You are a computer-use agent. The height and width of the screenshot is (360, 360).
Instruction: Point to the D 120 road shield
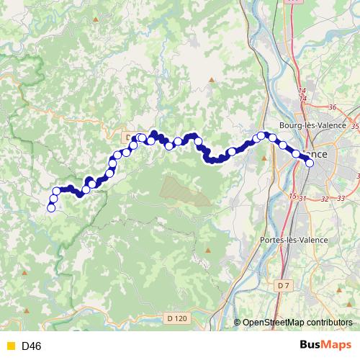tap(176, 318)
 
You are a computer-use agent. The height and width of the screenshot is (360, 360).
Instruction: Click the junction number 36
tap(332, 107)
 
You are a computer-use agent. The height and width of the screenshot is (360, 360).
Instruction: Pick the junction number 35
tap(356, 126)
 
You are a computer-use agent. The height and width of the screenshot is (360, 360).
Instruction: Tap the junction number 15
tap(292, 196)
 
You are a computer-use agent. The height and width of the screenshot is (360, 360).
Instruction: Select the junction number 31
tap(303, 198)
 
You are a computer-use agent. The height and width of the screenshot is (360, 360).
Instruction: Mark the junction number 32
tap(326, 198)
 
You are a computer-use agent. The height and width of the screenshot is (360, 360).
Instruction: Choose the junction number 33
tap(341, 198)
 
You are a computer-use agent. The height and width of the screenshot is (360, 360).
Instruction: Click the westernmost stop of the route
tap(51, 208)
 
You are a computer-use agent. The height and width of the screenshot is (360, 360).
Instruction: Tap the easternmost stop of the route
tap(310, 163)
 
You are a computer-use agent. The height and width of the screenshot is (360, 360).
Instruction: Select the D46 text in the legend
tap(32, 346)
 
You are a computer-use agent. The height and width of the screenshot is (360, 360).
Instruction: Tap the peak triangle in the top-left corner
tap(96, 17)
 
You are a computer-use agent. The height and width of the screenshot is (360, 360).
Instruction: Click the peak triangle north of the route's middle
tap(211, 80)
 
